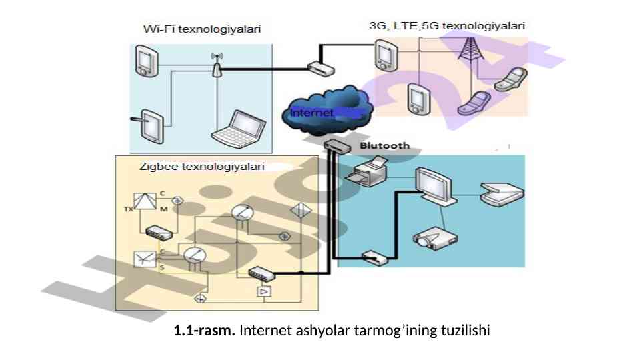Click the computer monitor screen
coord(435,182)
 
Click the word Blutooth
coord(385,145)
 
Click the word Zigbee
coord(155,166)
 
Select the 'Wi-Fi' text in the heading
coord(157,29)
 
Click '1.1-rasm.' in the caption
coord(204,330)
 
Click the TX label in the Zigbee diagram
coord(127,209)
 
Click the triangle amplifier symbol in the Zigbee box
coord(264,292)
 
